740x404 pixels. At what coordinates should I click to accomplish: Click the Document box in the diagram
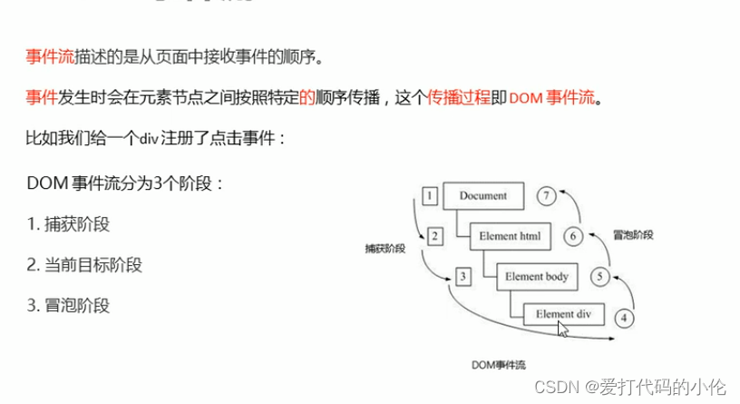click(x=482, y=195)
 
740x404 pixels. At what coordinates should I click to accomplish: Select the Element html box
click(x=511, y=237)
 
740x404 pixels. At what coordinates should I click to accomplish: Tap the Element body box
click(x=537, y=276)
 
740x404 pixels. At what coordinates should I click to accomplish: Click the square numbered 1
click(x=431, y=195)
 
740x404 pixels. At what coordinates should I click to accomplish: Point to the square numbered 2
click(x=434, y=237)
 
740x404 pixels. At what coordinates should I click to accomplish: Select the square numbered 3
click(x=462, y=275)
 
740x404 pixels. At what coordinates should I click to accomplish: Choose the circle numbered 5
click(x=598, y=276)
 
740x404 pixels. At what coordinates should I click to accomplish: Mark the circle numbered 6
click(x=572, y=237)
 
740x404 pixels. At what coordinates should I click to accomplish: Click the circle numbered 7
click(x=545, y=195)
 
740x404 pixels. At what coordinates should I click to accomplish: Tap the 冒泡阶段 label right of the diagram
click(x=632, y=234)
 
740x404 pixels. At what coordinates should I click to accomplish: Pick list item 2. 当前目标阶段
click(x=84, y=265)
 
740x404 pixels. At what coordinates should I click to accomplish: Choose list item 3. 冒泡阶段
click(x=68, y=305)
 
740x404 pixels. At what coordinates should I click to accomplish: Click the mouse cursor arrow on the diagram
click(x=564, y=329)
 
